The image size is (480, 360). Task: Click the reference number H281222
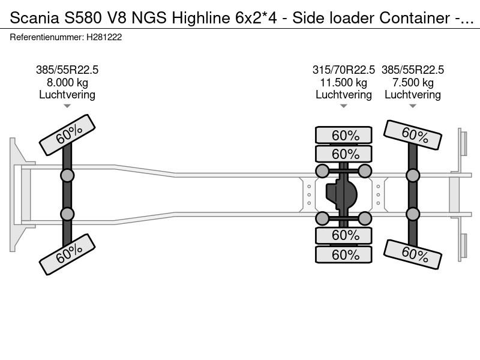point(104,37)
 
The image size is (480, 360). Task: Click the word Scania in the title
point(34,18)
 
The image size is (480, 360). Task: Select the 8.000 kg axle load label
point(67,83)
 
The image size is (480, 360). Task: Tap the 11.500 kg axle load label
point(343,83)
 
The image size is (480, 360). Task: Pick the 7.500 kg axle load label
point(413,83)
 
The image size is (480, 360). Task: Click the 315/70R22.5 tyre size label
point(343,70)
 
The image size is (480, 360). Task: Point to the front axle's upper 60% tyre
point(67,135)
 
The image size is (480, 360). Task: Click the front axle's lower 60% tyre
point(67,254)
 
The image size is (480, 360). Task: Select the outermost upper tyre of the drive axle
point(344,135)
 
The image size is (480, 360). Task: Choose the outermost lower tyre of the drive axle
point(344,254)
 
